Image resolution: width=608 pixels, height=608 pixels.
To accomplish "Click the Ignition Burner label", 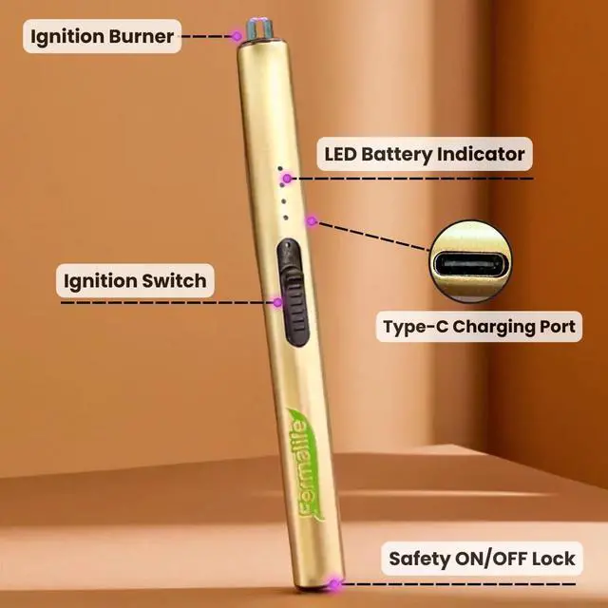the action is pyautogui.click(x=102, y=37).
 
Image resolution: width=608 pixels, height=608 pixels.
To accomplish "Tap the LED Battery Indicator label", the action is pyautogui.click(x=424, y=153).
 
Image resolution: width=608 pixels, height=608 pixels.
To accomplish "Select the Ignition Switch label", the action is pyautogui.click(x=134, y=280).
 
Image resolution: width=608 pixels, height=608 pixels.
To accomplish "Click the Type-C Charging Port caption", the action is pyautogui.click(x=479, y=328).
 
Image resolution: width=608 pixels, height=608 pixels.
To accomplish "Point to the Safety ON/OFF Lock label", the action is pyautogui.click(x=482, y=559).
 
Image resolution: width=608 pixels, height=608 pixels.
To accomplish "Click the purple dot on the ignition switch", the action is pyautogui.click(x=277, y=302).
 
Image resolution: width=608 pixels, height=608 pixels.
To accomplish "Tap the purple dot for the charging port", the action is pyautogui.click(x=311, y=221).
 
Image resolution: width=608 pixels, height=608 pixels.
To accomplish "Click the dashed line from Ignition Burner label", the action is pyautogui.click(x=207, y=37).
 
